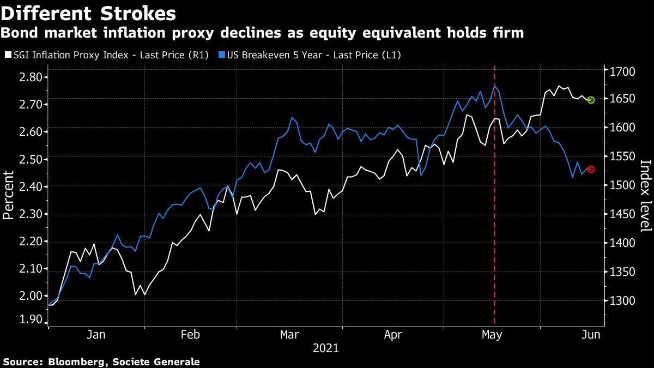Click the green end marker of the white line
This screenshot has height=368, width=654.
pyautogui.click(x=591, y=100)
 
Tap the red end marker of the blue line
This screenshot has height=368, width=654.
pyautogui.click(x=591, y=169)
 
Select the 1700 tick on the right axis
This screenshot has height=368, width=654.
pyautogui.click(x=620, y=71)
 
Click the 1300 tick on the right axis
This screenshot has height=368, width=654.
pyautogui.click(x=620, y=301)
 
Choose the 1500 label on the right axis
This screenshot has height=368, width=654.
pyautogui.click(x=620, y=186)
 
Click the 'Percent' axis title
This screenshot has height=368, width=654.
pyautogui.click(x=9, y=195)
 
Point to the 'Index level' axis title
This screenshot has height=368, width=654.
pyautogui.click(x=646, y=195)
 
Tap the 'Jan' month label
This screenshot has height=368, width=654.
pyautogui.click(x=96, y=335)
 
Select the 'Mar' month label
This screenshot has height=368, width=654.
pyautogui.click(x=289, y=335)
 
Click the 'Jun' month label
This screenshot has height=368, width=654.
pyautogui.click(x=591, y=335)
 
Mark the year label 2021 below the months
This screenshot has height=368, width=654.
pyautogui.click(x=326, y=348)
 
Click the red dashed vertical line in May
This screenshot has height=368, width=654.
pyautogui.click(x=494, y=218)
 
